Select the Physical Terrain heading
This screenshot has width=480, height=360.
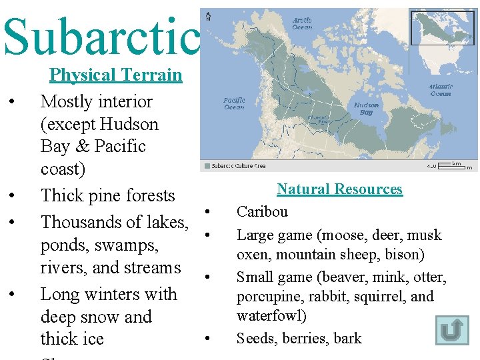[115, 75]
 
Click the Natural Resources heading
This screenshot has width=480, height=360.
[339, 189]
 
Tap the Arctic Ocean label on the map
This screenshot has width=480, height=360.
[302, 24]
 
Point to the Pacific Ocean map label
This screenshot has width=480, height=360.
[234, 103]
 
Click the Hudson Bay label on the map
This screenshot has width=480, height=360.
[366, 109]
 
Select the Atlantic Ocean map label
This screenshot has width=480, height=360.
[441, 90]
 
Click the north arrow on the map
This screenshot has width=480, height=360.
[209, 16]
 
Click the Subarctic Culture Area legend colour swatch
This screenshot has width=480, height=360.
[207, 166]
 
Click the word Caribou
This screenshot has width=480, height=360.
[263, 212]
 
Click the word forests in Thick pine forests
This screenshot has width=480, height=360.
[148, 196]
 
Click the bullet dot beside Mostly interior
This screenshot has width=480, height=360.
[12, 102]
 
